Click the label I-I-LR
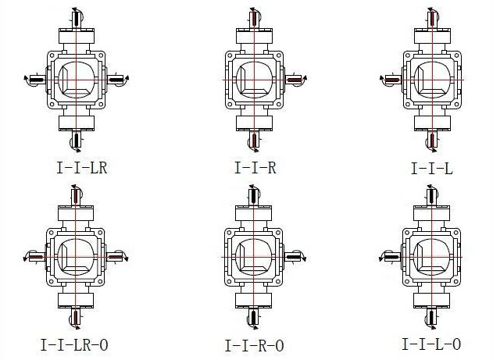pyautogui.click(x=82, y=168)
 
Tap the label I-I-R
pyautogui.click(x=255, y=167)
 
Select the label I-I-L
pyautogui.click(x=432, y=169)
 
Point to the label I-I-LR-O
pyautogui.click(x=74, y=344)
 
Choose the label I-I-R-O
pyautogui.click(x=255, y=346)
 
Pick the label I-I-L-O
pyautogui.click(x=431, y=344)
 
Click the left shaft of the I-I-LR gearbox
pyautogui.click(x=38, y=80)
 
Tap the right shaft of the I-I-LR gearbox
pyautogui.click(x=116, y=80)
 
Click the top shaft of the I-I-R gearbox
pyautogui.click(x=254, y=20)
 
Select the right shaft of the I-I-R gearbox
pyautogui.click(x=294, y=80)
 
